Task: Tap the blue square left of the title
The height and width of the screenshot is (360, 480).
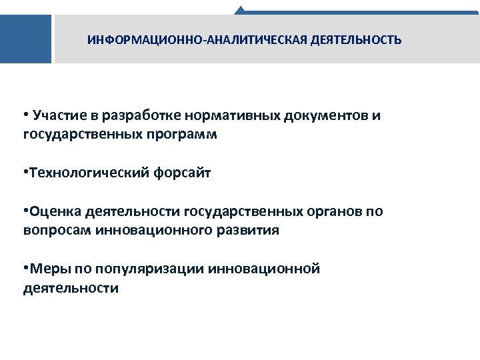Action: tap(25, 39)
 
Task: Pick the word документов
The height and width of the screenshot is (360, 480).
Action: tap(325, 116)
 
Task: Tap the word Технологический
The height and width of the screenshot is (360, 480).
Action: tap(90, 173)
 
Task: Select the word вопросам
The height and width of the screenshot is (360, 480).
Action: tap(55, 231)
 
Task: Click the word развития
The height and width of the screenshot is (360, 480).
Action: tap(251, 231)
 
